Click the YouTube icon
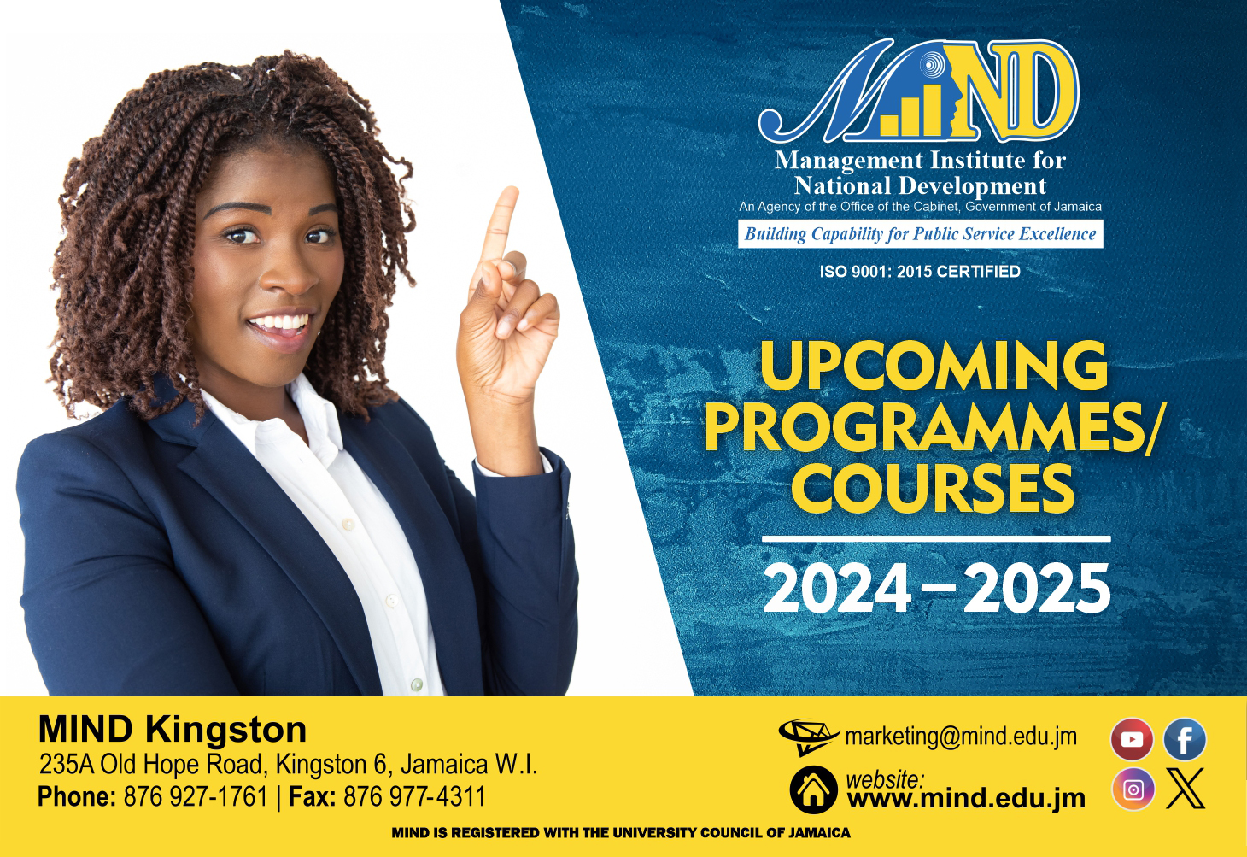(x=1132, y=739)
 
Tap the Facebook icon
(x=1185, y=739)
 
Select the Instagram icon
(x=1133, y=789)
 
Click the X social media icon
(x=1186, y=789)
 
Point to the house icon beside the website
(x=813, y=789)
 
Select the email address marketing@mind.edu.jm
(x=960, y=736)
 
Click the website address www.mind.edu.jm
(x=966, y=799)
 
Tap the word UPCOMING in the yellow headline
(x=934, y=366)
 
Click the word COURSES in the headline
(x=933, y=487)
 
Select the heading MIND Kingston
(x=173, y=730)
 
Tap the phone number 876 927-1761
(x=196, y=797)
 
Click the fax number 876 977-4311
(x=414, y=797)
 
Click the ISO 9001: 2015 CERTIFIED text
(x=920, y=272)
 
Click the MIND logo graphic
(x=919, y=94)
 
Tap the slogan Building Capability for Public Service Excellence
(x=920, y=234)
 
